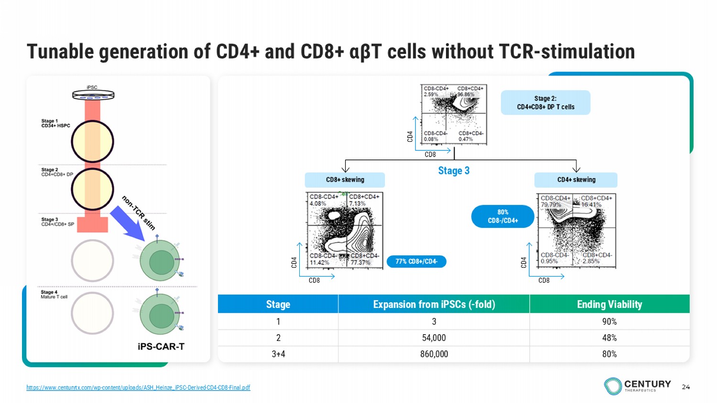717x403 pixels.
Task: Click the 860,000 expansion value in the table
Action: point(434,354)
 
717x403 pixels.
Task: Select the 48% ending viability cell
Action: point(609,338)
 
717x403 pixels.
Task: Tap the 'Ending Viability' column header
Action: point(609,304)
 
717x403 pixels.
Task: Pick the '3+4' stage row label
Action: point(278,354)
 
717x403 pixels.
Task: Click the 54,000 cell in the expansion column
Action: point(434,338)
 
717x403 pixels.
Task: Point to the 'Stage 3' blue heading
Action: point(454,170)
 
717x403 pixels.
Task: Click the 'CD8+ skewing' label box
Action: point(345,180)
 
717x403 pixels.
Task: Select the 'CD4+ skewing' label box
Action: point(576,180)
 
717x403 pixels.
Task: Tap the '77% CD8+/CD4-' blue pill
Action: point(416,262)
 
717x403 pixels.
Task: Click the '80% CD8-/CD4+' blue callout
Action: point(503,216)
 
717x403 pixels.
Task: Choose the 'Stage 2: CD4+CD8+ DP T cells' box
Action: point(545,103)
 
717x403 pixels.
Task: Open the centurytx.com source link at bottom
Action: point(138,388)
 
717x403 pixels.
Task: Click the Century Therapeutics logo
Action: point(638,386)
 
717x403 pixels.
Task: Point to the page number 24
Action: point(686,387)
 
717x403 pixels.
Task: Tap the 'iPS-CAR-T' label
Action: point(161,347)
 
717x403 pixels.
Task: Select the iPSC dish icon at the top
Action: point(93,95)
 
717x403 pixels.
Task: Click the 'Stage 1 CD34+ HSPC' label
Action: point(55,123)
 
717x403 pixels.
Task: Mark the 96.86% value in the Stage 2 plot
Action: point(466,95)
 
